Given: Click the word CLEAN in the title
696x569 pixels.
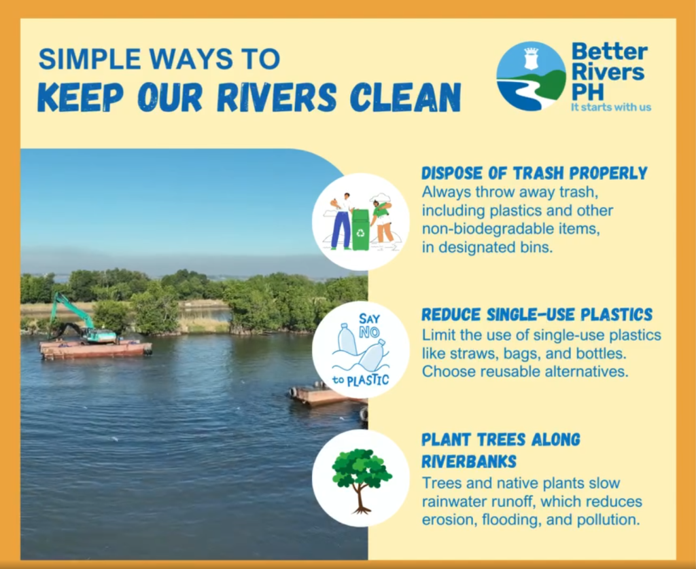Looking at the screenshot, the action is (x=405, y=96).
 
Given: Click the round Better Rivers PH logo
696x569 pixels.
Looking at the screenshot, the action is (x=532, y=76).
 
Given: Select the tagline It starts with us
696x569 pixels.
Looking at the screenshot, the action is (x=611, y=107).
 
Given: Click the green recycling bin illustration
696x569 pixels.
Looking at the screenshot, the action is (x=360, y=230).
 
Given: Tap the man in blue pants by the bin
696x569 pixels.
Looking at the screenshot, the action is (x=341, y=221).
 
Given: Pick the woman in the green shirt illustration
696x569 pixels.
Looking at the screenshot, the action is (x=381, y=222).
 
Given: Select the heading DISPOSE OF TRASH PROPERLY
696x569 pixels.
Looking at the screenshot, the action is (x=534, y=173).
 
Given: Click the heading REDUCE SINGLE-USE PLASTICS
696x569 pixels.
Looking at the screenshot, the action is (x=537, y=314).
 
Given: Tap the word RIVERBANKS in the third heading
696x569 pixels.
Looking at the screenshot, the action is (x=469, y=461).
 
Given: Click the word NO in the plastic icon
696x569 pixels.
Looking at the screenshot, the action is (x=369, y=332).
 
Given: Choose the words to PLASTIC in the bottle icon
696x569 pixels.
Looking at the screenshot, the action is (x=361, y=380).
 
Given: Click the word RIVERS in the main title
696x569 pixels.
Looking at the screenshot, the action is (x=277, y=96).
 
